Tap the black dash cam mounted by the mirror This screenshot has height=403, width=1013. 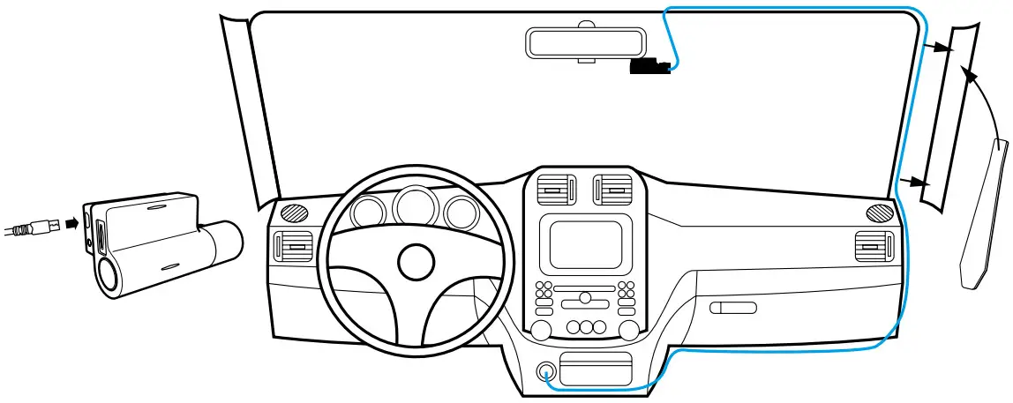point(649,67)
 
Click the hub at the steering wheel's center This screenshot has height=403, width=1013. point(416,261)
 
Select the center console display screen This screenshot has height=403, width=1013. point(585,244)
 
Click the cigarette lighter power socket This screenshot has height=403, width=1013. point(545,370)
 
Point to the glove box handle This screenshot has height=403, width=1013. point(733,308)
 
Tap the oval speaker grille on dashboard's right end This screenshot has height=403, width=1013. point(880,213)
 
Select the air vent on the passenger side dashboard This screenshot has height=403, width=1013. point(874,247)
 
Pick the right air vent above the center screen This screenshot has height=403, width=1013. point(615,190)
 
